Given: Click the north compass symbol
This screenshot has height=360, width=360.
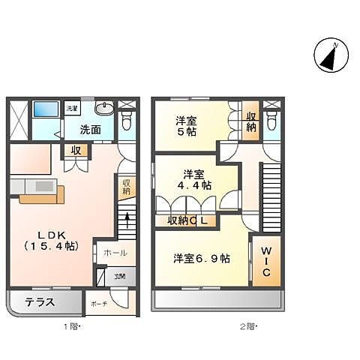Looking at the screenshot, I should coord(328,58).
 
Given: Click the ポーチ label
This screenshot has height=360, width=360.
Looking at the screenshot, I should coord(99,304).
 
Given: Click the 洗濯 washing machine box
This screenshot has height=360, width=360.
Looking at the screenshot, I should coord(72,109).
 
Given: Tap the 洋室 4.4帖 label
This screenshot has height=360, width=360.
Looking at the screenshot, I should coord(193,178).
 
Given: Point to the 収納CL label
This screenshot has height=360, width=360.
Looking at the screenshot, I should coord(187,220).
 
